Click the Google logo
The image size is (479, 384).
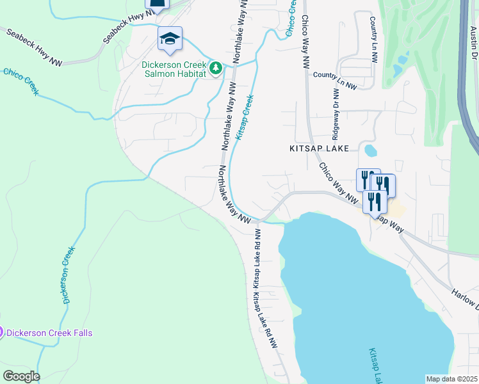point(20,376)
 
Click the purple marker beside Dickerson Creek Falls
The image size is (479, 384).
point(1,332)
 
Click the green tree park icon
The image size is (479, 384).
point(216,68)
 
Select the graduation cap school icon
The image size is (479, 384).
point(170,39)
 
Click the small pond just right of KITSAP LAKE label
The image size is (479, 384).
point(370,150)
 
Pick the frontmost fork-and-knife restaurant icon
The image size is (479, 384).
point(375,202)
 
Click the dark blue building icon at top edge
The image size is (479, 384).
point(157,4)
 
